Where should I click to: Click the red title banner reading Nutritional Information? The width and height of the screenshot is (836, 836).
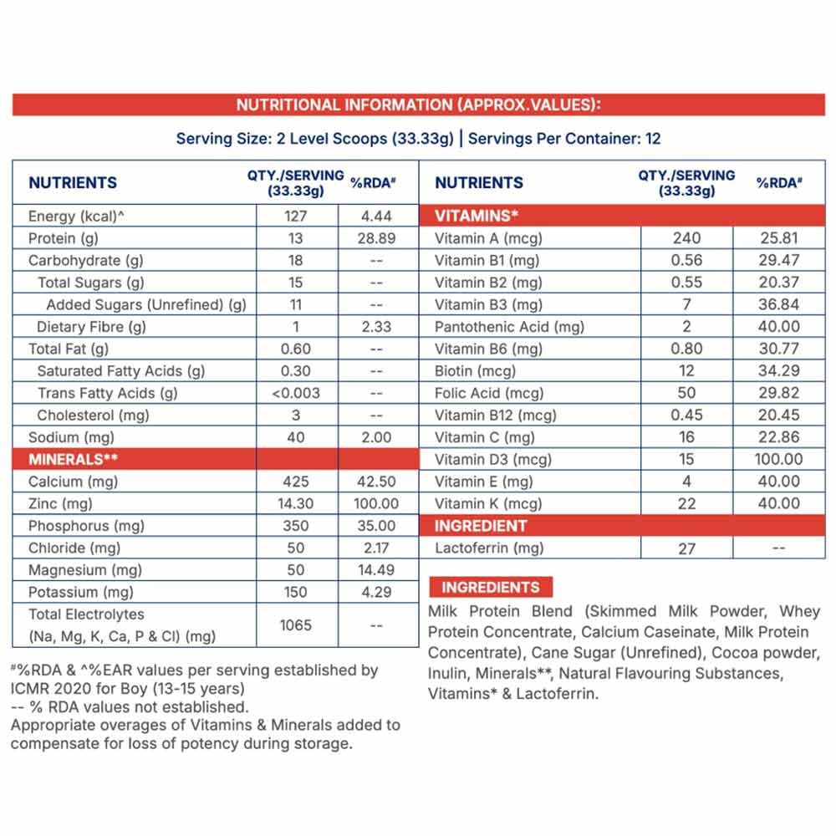(x=418, y=105)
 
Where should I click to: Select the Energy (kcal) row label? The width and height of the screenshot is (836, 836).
(x=76, y=216)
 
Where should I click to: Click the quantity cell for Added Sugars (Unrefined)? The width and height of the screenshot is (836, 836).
(x=296, y=304)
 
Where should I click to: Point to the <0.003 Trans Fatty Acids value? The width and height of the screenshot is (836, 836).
(x=296, y=393)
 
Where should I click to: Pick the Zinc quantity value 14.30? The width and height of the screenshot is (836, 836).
(x=296, y=503)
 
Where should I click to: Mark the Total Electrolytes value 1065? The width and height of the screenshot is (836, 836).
(x=296, y=624)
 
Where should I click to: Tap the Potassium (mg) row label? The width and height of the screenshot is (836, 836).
(x=81, y=592)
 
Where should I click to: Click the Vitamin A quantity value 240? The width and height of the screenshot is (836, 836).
(x=686, y=238)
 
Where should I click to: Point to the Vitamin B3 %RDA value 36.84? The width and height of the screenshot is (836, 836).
(x=779, y=304)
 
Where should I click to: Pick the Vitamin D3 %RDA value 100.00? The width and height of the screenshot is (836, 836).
(x=779, y=459)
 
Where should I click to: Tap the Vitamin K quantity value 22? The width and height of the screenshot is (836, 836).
(x=686, y=503)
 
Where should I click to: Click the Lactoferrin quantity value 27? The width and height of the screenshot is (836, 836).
(x=686, y=548)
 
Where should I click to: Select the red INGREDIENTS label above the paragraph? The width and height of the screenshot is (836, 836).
(x=491, y=587)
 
